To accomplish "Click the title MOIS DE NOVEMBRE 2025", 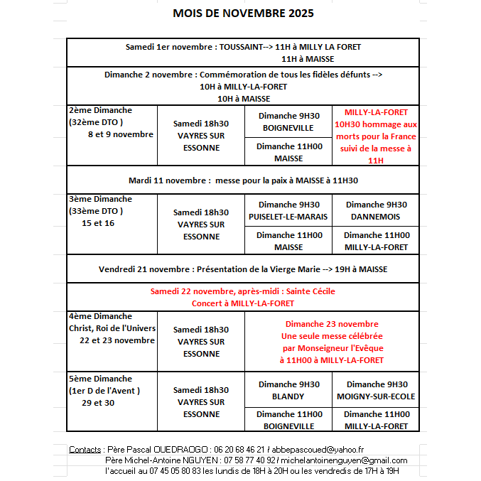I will [x=243, y=13].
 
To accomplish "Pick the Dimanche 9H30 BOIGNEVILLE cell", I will [x=288, y=122].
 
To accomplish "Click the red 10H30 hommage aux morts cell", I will [x=376, y=136].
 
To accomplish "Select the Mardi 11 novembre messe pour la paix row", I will [x=243, y=180].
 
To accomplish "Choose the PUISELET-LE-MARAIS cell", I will [x=288, y=217].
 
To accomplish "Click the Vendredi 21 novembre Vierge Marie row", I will [x=243, y=269].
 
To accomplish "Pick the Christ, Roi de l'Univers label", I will [x=112, y=328].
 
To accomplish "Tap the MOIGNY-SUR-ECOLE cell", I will [x=376, y=396].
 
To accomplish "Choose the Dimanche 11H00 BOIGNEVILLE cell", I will [x=288, y=420].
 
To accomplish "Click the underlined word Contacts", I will [x=85, y=450].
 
